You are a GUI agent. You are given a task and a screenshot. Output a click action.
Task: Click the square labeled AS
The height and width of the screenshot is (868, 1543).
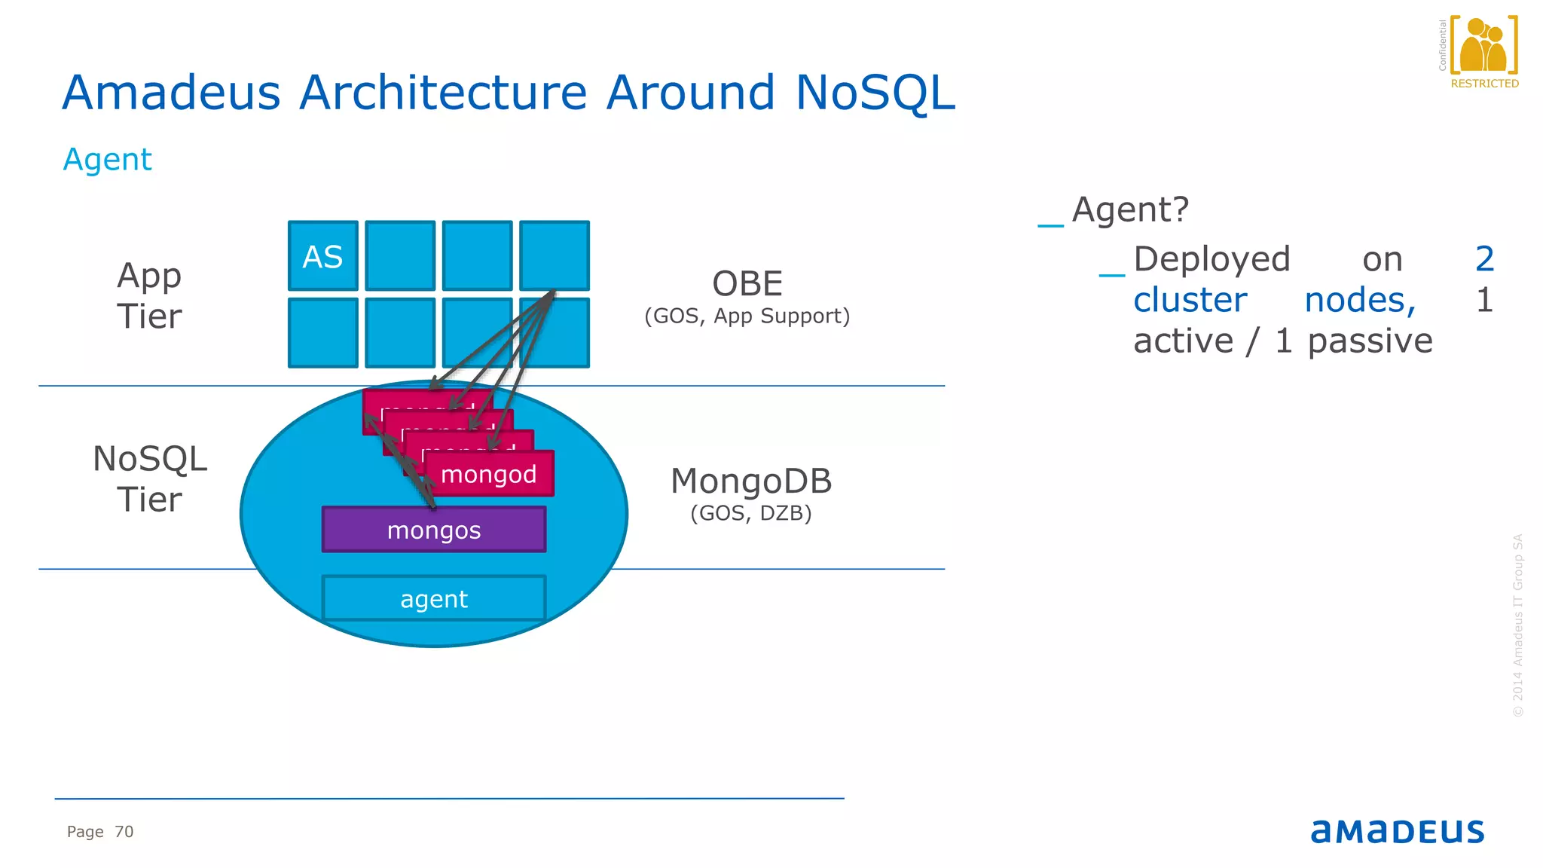(x=322, y=256)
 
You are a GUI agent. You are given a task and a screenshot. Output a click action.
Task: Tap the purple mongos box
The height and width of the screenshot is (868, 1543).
(x=433, y=530)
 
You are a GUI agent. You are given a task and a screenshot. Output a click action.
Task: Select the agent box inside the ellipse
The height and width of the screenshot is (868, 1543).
(x=433, y=599)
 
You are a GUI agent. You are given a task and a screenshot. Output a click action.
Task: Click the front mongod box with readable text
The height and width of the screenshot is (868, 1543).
(x=489, y=475)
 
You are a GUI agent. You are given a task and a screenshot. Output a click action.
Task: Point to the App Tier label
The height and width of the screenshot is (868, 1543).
(x=149, y=295)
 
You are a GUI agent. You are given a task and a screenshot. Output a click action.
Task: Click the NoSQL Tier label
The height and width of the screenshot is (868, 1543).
(x=149, y=479)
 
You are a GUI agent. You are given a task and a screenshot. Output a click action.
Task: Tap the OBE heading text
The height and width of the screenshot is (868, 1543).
(x=747, y=284)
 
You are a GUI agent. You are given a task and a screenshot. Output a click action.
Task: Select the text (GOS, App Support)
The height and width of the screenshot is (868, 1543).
(x=747, y=316)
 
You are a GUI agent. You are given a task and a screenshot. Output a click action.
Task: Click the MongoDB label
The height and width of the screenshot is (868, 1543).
(x=751, y=481)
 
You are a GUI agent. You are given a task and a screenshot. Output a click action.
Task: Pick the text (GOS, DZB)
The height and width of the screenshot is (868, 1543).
(x=751, y=513)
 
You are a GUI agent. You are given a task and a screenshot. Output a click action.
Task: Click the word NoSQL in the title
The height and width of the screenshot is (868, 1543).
(x=875, y=93)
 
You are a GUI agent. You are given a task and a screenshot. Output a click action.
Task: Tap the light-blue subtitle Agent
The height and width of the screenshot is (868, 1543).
(x=107, y=160)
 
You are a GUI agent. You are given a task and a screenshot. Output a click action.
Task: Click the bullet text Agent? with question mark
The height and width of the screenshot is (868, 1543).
(x=1130, y=209)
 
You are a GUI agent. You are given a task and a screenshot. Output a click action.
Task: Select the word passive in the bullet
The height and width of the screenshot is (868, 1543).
(x=1370, y=341)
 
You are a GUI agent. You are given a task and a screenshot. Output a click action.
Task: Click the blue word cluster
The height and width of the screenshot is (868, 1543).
(x=1190, y=300)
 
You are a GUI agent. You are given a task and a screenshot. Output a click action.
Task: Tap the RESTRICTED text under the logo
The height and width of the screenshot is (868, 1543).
(x=1484, y=84)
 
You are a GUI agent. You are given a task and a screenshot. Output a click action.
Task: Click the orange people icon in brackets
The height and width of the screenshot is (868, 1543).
(x=1483, y=45)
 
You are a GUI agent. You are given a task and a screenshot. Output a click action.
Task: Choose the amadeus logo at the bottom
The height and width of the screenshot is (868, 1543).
(x=1397, y=830)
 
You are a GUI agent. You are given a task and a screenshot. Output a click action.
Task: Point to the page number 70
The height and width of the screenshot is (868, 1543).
(x=124, y=832)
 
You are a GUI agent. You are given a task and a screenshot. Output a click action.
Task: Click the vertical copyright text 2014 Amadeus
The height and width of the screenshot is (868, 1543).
(x=1518, y=625)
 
